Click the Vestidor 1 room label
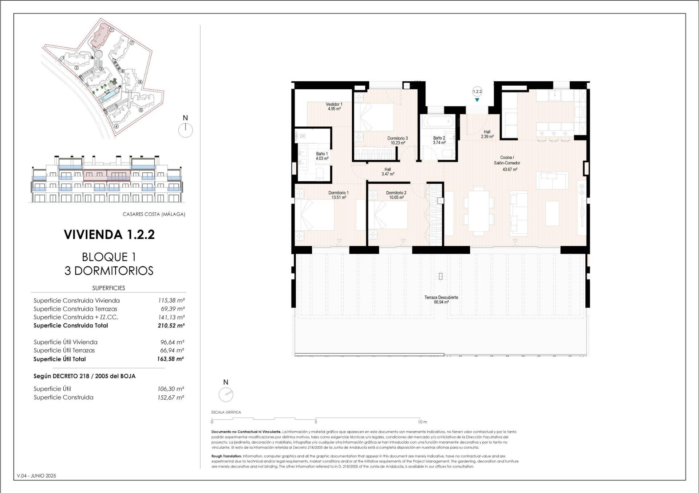click(334, 106)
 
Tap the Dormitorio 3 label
click(398, 141)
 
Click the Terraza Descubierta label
click(441, 300)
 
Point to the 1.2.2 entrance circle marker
click(477, 92)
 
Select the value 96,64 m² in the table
click(172, 342)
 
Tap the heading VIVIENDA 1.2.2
click(109, 234)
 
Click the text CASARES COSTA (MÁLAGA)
click(154, 214)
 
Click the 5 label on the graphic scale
click(316, 422)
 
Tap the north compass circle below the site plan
click(186, 130)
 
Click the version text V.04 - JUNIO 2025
click(36, 476)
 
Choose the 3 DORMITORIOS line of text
click(109, 271)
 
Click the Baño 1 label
click(322, 156)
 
